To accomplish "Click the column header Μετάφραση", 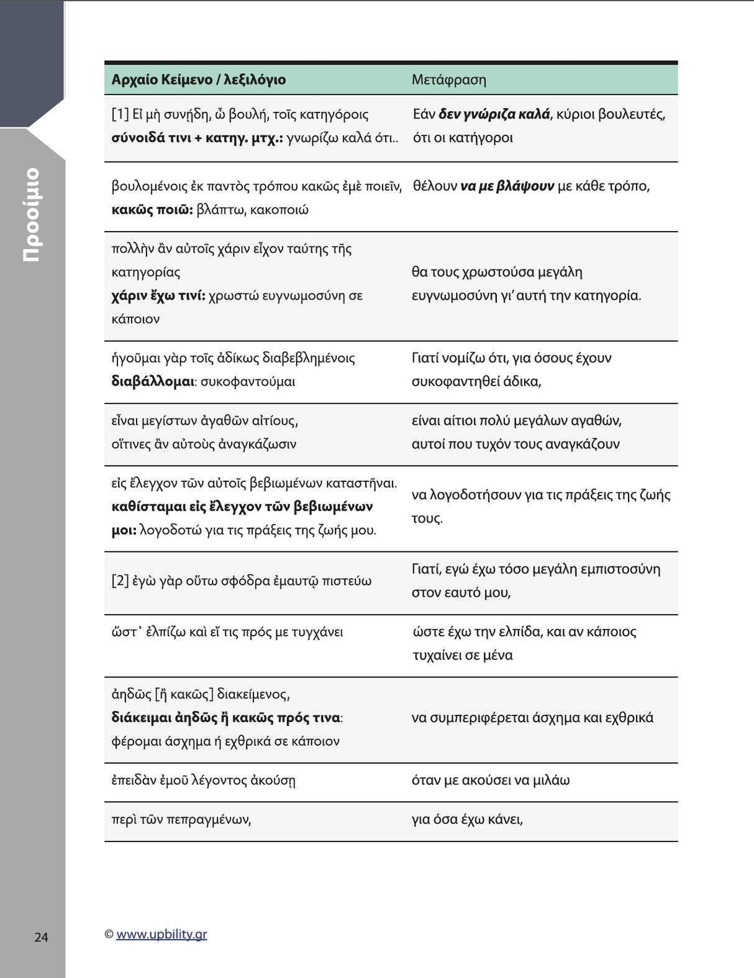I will (448, 79).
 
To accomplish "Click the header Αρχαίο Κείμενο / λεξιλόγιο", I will (198, 79).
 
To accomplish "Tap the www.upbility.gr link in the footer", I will (161, 934).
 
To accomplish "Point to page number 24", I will (41, 937).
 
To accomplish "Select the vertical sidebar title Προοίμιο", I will (32, 214).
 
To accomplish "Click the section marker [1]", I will (120, 114).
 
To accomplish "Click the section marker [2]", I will (120, 581).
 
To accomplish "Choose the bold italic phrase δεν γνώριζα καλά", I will (494, 114).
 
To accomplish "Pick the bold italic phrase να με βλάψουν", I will (507, 186).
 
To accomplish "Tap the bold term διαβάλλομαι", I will (153, 381).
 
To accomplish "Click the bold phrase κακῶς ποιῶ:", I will (152, 210).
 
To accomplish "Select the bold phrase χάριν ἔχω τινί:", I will (158, 296).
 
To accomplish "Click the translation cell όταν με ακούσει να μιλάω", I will (490, 781).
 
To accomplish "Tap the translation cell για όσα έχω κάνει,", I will (467, 820).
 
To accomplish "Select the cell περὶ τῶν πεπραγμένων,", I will (181, 820).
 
